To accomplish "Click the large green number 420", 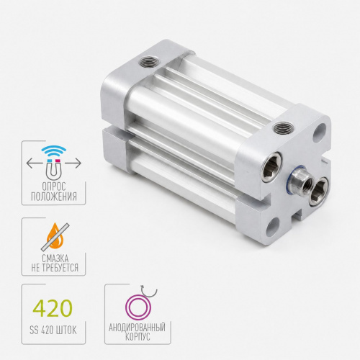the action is coord(53,308).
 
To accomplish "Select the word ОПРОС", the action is coord(54,186).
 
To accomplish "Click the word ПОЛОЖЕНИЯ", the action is coord(54,197).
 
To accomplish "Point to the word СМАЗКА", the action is coord(55,258).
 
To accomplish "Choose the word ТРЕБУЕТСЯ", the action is coord(61,268).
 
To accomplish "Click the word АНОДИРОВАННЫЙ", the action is coord(137,328).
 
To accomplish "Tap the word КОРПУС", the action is coord(138,336).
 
